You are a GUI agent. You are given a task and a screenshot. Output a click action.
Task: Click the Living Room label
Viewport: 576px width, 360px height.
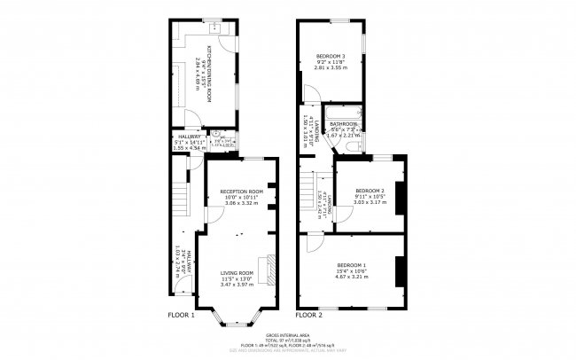(237, 272)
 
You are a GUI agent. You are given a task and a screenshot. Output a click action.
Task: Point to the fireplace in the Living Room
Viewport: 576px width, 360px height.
(274, 263)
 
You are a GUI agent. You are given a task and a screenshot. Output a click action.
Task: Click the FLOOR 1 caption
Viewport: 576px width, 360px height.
(182, 315)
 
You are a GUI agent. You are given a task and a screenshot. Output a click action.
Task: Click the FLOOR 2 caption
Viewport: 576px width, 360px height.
(309, 315)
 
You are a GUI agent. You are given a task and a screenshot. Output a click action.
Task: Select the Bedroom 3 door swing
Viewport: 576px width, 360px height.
(309, 96)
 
